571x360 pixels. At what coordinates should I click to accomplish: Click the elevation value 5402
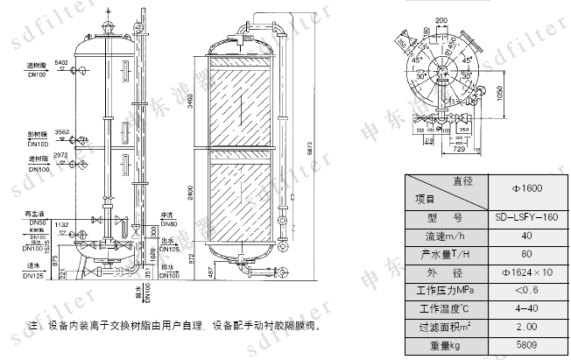pyautogui.click(x=60, y=64)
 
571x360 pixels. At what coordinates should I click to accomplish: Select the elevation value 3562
pyautogui.click(x=60, y=132)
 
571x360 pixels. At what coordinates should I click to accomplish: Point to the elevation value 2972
pyautogui.click(x=60, y=155)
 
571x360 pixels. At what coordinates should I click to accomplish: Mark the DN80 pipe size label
pyautogui.click(x=168, y=222)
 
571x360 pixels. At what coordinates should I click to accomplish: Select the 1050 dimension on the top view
pyautogui.click(x=500, y=92)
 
